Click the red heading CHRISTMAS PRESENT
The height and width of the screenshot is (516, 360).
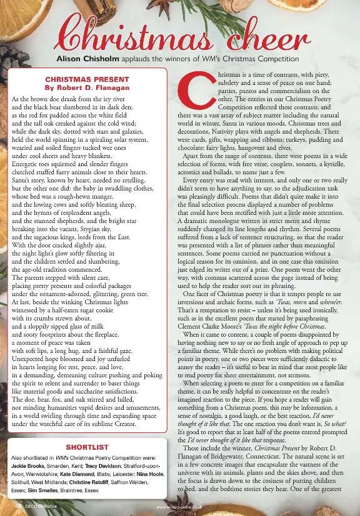tap(88, 79)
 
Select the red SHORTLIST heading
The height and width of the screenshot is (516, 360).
tap(87, 447)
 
